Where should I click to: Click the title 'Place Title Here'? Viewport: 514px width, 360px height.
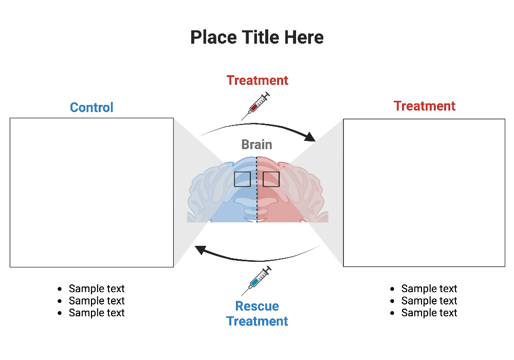click(x=257, y=38)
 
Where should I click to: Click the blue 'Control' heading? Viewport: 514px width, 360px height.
click(x=91, y=107)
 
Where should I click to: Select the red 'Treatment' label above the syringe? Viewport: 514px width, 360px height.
click(x=257, y=80)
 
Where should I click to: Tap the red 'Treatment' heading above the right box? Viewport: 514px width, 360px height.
click(x=424, y=106)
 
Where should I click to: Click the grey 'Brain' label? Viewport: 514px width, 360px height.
click(x=256, y=145)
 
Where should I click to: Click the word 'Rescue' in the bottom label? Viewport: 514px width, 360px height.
click(x=257, y=306)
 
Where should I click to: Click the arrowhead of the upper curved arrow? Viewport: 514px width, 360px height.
click(x=310, y=137)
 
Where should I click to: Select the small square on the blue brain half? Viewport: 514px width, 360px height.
click(x=242, y=179)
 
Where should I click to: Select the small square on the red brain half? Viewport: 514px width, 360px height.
click(x=271, y=179)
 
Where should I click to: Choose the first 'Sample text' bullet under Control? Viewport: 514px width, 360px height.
click(x=97, y=289)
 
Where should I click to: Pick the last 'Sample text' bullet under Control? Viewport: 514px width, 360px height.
click(x=97, y=313)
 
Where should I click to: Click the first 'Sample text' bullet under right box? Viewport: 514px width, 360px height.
click(x=429, y=289)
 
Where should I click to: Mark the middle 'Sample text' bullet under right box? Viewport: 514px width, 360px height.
click(x=429, y=301)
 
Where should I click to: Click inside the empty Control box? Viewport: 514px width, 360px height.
click(x=91, y=192)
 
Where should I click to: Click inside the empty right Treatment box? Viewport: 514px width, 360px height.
click(x=424, y=193)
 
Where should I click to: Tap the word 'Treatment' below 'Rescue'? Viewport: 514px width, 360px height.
click(x=257, y=321)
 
